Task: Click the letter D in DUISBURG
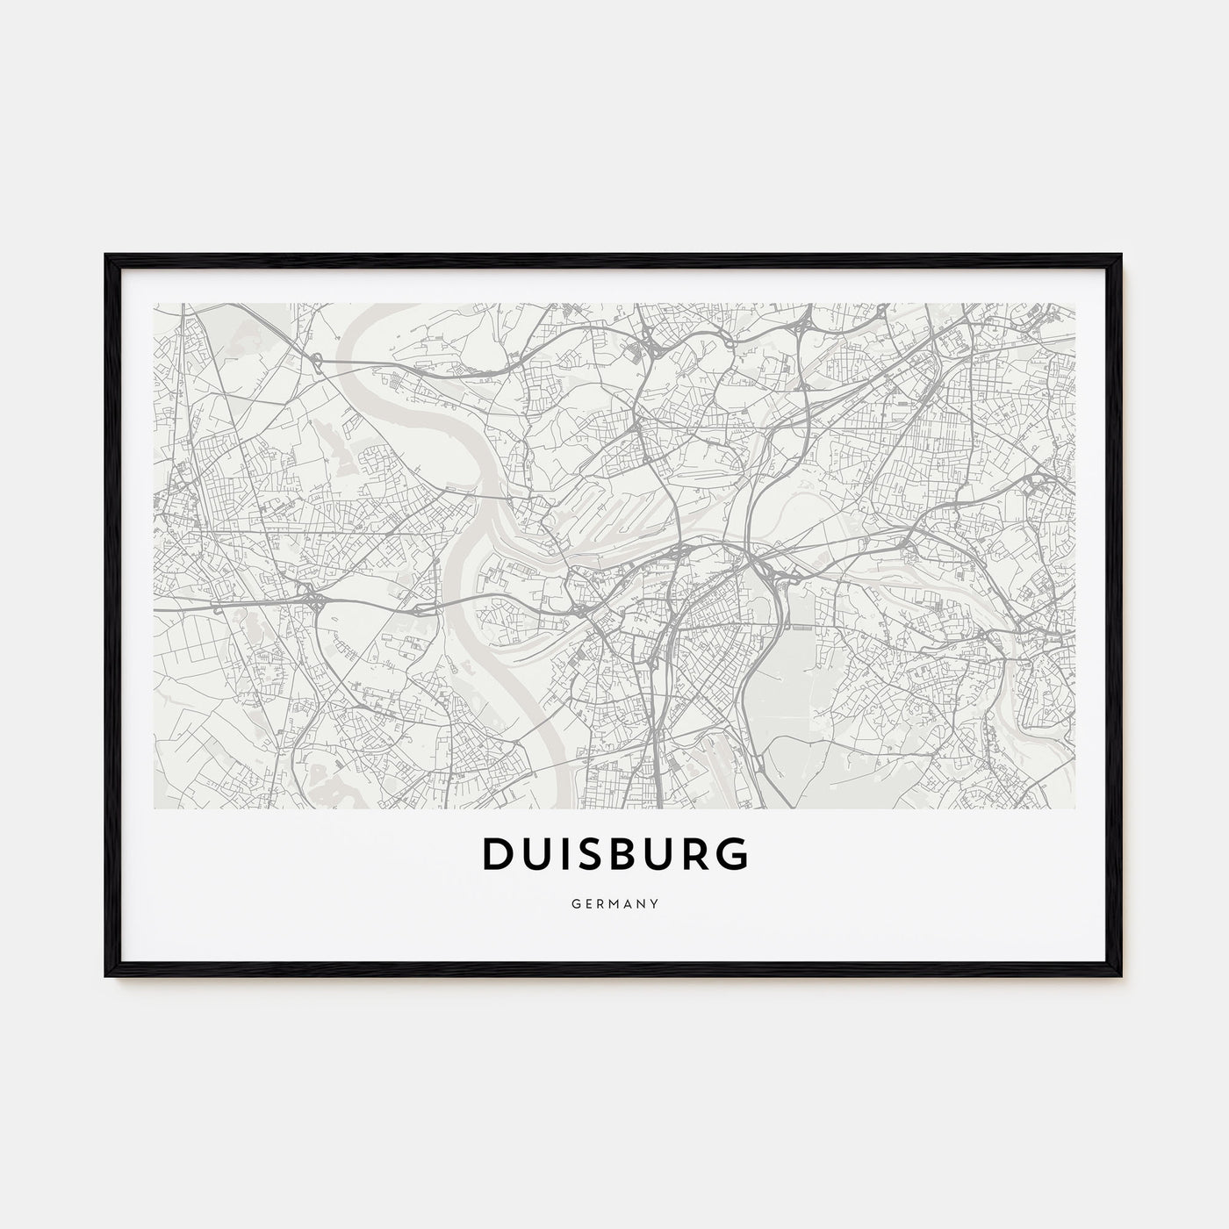point(497,855)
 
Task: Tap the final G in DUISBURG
point(731,855)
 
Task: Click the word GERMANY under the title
point(614,902)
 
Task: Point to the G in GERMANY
point(571,902)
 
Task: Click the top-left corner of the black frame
point(106,255)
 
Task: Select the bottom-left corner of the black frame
point(106,976)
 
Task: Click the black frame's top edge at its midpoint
point(614,256)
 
